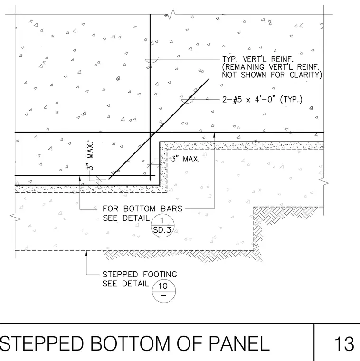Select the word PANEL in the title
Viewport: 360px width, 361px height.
point(239,343)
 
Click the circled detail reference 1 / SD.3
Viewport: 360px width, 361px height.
point(162,226)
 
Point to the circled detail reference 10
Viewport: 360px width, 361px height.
point(164,291)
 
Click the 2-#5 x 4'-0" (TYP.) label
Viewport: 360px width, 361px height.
point(262,100)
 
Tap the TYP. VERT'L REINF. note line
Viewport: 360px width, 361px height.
point(258,59)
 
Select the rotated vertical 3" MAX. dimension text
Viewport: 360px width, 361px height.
point(90,156)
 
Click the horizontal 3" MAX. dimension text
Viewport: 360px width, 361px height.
point(185,159)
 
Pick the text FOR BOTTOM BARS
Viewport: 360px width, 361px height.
point(142,209)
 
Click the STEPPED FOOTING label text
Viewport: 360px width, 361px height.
point(140,274)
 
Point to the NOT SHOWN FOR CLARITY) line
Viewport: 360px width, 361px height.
point(272,75)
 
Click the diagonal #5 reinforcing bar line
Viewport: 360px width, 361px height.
point(159,129)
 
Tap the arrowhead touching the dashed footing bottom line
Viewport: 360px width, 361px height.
point(86,253)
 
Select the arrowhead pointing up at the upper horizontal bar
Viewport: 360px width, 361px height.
point(214,135)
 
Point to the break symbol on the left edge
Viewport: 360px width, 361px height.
point(15,218)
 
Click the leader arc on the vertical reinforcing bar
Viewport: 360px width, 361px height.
point(152,61)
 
